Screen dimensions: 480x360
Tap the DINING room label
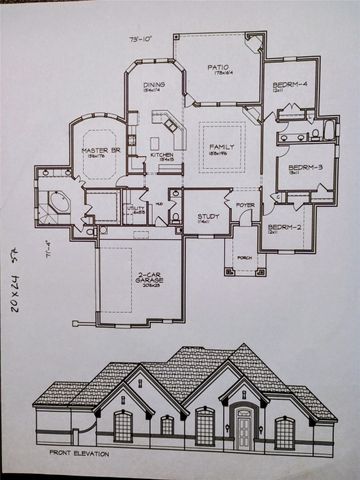click(x=153, y=87)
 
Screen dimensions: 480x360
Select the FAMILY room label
click(x=221, y=148)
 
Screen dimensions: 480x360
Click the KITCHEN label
click(x=162, y=155)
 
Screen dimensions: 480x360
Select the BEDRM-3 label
click(x=302, y=167)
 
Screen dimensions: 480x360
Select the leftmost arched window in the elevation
click(x=123, y=427)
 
